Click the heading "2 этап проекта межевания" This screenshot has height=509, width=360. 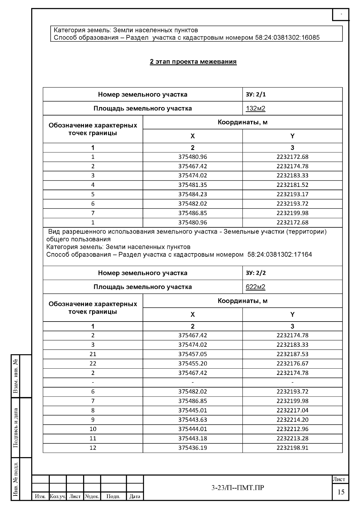click(x=193, y=62)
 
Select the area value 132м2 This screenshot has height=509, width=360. click(x=256, y=109)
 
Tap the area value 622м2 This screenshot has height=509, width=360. click(x=256, y=287)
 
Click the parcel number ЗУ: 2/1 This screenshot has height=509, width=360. click(x=256, y=94)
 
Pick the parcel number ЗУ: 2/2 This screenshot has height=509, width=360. click(x=256, y=273)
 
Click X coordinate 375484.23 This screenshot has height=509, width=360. click(x=193, y=194)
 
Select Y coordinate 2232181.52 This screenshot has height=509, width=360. click(x=292, y=185)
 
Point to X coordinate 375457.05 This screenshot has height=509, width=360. click(x=193, y=354)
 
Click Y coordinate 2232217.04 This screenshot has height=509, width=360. click(x=292, y=410)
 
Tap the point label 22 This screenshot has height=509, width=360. click(x=93, y=364)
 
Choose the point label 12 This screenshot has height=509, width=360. click(x=93, y=448)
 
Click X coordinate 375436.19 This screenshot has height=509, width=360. click(x=193, y=448)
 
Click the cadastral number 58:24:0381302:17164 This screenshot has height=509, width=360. click(x=280, y=255)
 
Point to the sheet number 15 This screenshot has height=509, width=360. click(x=341, y=492)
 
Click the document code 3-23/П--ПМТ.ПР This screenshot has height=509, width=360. click(x=238, y=488)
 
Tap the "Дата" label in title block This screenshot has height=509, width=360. click(x=135, y=497)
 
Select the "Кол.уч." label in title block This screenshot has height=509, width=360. click(x=58, y=497)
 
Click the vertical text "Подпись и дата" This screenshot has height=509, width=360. click(x=16, y=428)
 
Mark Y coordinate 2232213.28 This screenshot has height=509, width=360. click(x=292, y=439)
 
